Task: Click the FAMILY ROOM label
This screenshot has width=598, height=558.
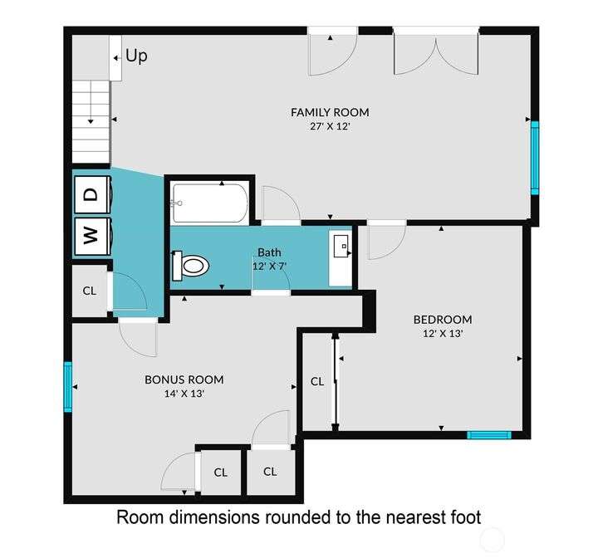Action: point(330,113)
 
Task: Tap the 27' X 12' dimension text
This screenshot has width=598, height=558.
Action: point(330,126)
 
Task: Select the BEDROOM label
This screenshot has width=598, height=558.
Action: point(443,319)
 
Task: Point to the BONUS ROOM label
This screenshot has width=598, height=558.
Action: point(184,379)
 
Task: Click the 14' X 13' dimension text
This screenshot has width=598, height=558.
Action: point(184,394)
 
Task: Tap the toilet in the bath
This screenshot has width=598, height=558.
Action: point(190,265)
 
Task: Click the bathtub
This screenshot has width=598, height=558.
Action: point(210,203)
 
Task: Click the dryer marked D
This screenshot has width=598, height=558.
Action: point(93,194)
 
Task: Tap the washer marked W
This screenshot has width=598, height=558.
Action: point(93,236)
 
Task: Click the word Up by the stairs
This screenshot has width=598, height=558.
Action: point(136,56)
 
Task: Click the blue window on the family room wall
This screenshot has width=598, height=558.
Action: point(535,158)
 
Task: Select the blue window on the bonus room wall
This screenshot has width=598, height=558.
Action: point(68,387)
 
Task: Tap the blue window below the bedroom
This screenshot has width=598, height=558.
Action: point(489,435)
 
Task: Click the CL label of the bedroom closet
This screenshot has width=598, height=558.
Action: point(317,381)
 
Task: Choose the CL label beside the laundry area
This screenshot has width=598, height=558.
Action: point(90,291)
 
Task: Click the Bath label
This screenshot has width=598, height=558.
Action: point(269,252)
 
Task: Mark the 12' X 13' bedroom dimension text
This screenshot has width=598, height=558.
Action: point(443,333)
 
